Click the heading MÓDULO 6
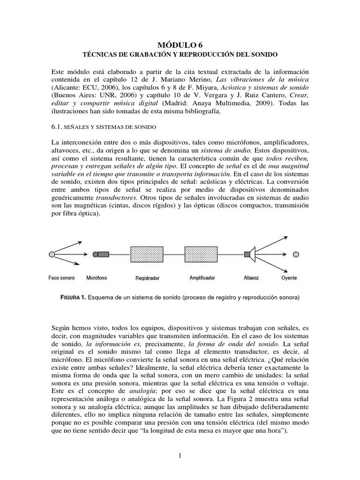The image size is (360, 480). tap(180, 45)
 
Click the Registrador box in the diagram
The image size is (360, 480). tap(148, 254)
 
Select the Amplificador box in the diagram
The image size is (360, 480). tap(202, 254)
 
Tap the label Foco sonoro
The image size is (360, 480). tap(61, 278)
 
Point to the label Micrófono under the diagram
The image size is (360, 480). tap(97, 278)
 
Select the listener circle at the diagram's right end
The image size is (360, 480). tap(295, 254)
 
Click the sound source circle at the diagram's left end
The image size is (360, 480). tap(52, 254)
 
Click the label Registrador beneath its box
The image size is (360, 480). tap(148, 278)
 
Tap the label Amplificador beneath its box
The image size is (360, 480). tap(202, 278)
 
